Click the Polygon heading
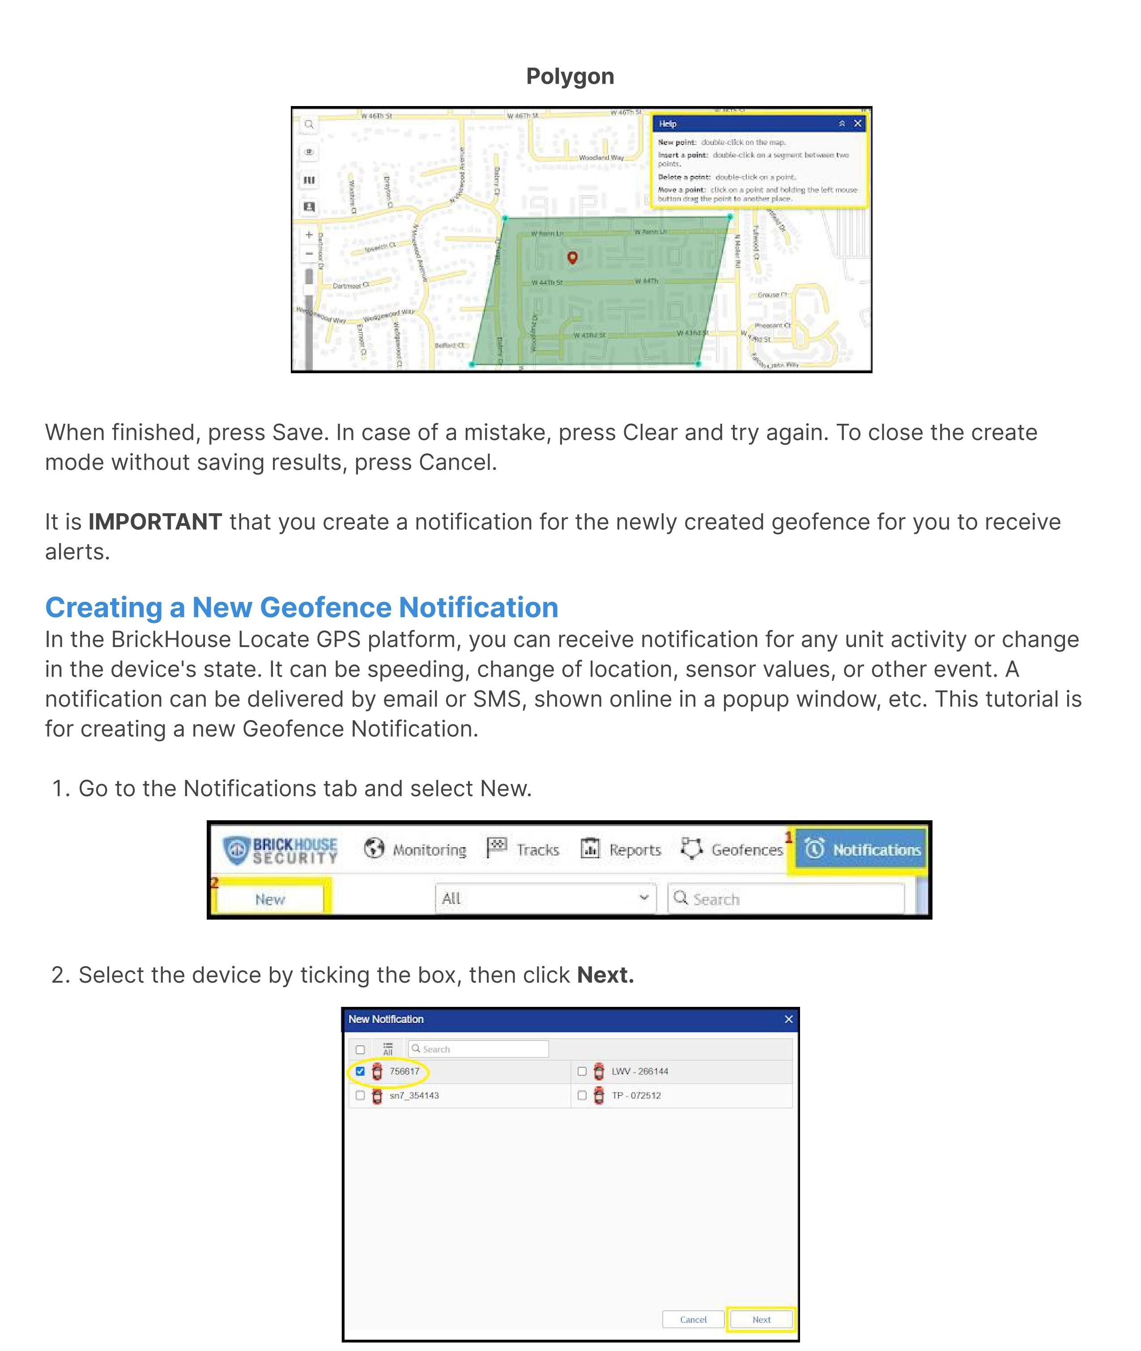coord(570,77)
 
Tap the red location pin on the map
coord(572,257)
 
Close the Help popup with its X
coord(858,124)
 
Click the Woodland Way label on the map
coord(601,157)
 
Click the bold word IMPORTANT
coord(155,522)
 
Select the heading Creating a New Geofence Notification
coord(302,607)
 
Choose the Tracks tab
coord(523,849)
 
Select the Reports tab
coord(621,849)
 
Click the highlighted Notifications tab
coord(862,849)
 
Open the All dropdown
coord(545,898)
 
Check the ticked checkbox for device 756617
coord(360,1071)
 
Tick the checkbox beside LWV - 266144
coord(582,1071)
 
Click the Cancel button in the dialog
coord(693,1319)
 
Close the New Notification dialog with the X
coord(788,1019)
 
